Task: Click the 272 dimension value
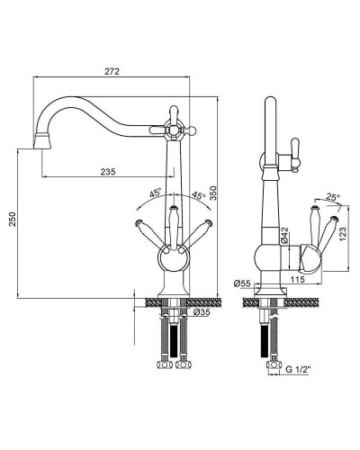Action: point(112,71)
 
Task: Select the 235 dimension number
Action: point(108,172)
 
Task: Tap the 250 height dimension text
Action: point(12,220)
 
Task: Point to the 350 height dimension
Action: point(212,193)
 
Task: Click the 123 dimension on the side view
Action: point(343,233)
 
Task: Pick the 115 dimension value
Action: point(298,280)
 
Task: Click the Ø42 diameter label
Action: point(284,235)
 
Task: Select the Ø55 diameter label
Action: point(242,283)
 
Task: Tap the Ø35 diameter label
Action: point(202,312)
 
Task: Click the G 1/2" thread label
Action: point(297,370)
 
